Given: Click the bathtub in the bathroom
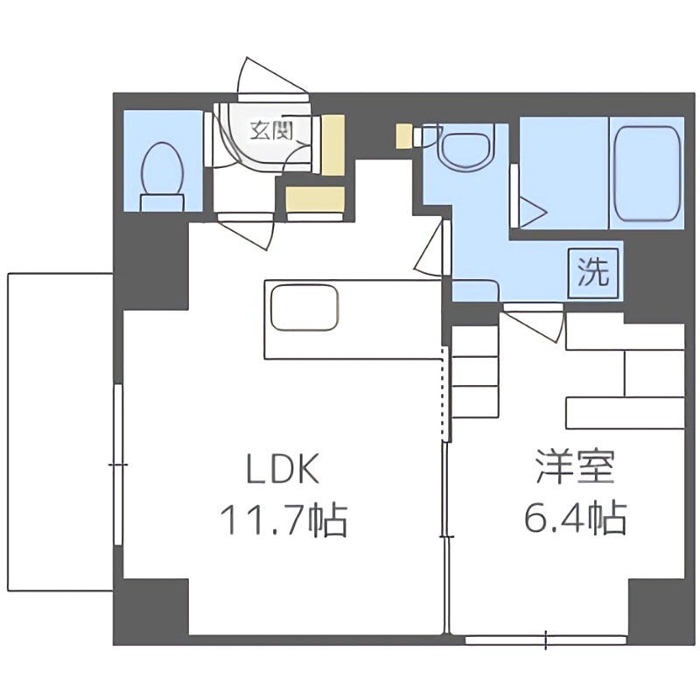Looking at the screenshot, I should point(647,173).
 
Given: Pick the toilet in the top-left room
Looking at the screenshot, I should point(162,170).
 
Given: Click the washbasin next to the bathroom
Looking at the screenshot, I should point(465,149).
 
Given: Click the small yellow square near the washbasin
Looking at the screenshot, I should point(402,136).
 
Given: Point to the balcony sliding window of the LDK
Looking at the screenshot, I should point(118,464).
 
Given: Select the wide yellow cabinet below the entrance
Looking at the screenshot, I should point(317,198).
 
